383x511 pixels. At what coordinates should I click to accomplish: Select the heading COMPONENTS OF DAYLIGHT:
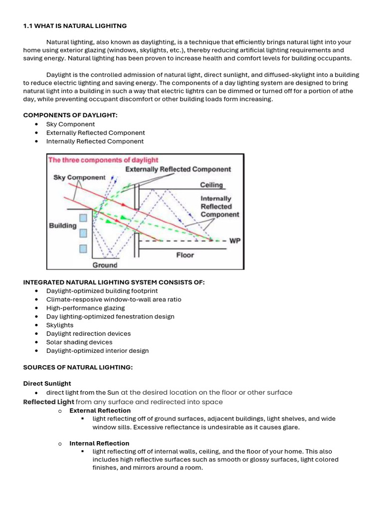70,115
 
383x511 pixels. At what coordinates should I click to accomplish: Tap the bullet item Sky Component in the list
70,124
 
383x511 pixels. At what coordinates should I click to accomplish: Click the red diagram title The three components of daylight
103,160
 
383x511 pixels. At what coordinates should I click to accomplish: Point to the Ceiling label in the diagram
211,185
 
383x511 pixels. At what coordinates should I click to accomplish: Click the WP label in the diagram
235,241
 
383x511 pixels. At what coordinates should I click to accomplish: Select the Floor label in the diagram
185,255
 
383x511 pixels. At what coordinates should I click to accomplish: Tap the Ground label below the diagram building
105,265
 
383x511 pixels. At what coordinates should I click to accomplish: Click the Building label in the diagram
63,226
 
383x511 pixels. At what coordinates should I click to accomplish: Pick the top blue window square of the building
83,217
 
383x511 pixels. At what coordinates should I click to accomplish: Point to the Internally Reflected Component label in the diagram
219,206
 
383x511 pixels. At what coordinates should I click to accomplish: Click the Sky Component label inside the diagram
79,177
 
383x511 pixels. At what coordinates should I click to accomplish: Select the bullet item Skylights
60,325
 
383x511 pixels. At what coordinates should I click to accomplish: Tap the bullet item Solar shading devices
79,342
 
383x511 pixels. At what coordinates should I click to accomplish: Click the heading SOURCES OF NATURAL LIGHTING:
78,367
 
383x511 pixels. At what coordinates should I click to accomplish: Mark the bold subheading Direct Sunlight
47,383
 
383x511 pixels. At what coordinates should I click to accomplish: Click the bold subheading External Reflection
100,410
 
